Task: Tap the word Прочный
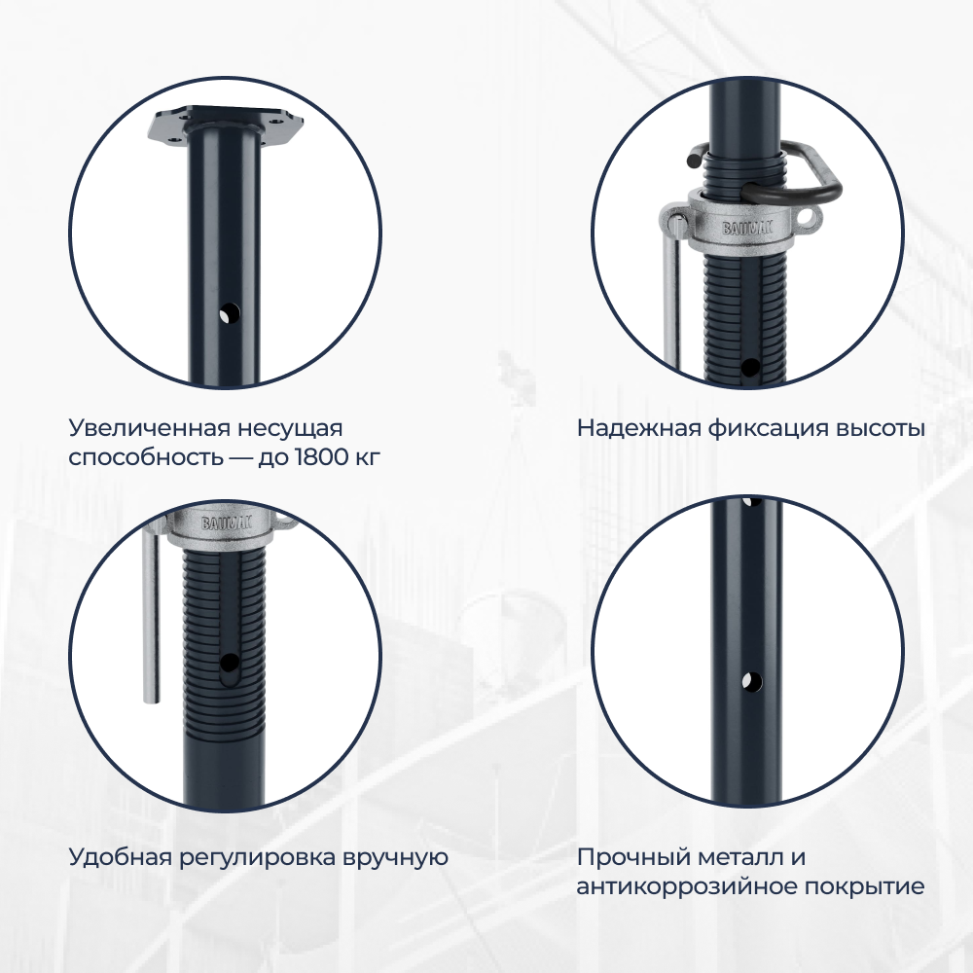(x=633, y=857)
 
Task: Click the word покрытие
(x=864, y=886)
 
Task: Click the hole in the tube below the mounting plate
(x=230, y=314)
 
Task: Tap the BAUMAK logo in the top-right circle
(x=746, y=228)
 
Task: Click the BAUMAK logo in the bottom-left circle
(x=227, y=523)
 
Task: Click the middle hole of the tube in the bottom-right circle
(x=751, y=681)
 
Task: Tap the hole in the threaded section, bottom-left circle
(x=229, y=664)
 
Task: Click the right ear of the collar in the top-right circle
(x=808, y=218)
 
